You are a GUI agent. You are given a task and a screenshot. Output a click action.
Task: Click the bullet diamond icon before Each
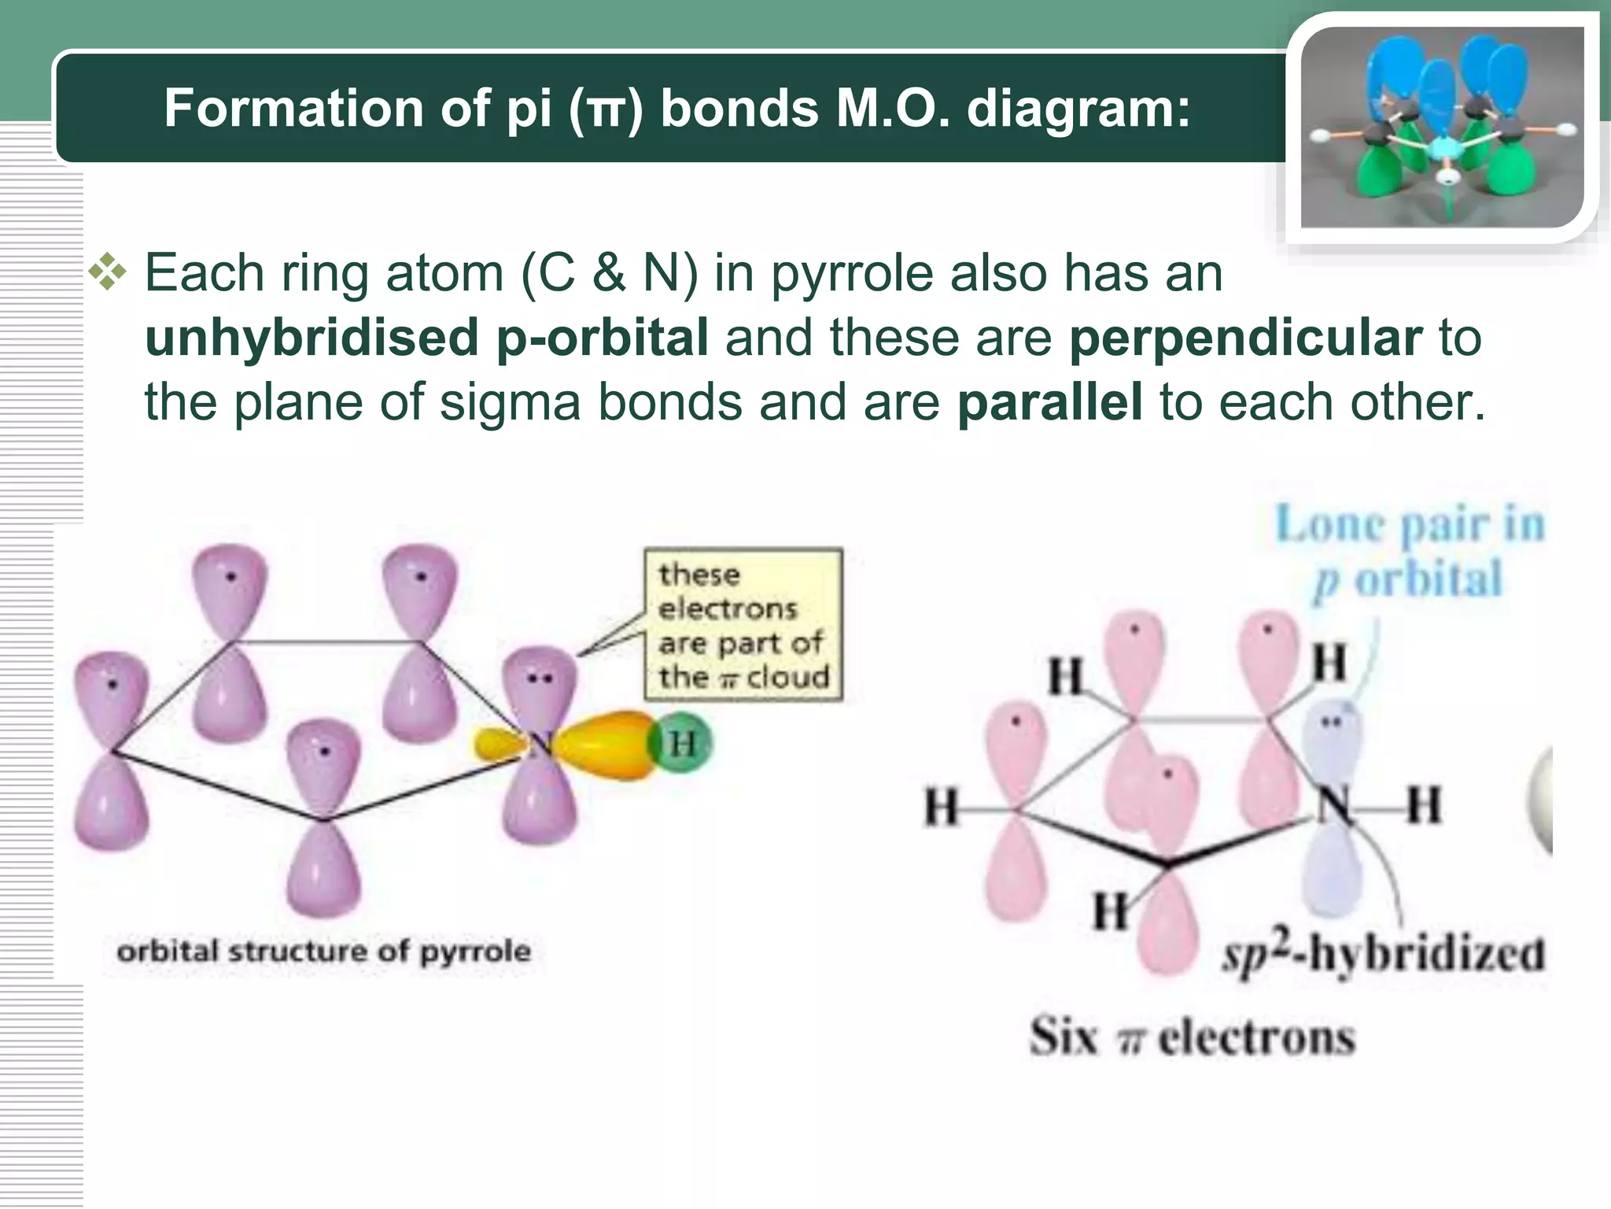coord(107,273)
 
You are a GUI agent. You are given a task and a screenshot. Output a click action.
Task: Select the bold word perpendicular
coord(1245,338)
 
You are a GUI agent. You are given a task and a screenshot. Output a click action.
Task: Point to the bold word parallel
coord(1049,402)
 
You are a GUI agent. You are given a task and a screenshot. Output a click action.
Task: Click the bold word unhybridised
coord(311,338)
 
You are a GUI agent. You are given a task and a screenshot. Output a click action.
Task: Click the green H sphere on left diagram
coord(681,743)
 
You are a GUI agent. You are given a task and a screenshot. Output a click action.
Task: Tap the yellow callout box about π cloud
coord(743,624)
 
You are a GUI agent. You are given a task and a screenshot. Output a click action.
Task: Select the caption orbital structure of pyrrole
coord(323,952)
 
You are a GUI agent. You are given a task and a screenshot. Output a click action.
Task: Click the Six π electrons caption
coord(1193,1037)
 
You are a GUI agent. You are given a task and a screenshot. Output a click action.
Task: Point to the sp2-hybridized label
coord(1383,953)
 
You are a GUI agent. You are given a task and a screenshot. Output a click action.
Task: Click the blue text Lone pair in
coord(1410,525)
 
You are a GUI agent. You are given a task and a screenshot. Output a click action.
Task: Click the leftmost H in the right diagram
coord(942,808)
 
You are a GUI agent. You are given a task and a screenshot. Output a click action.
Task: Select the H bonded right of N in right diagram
coord(1423,805)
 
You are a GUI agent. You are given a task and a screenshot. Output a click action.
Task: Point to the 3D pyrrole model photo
coord(1441,128)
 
